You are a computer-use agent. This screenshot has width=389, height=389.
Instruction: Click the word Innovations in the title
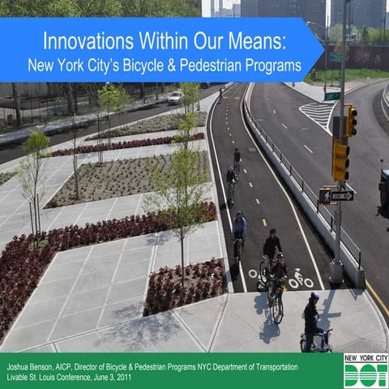point(83,40)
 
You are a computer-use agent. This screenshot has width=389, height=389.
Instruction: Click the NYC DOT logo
point(365,370)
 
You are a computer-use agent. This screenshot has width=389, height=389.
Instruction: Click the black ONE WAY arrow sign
point(341,195)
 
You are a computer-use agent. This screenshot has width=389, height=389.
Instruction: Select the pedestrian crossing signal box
point(325,195)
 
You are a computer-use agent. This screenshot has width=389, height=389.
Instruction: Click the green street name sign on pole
point(332,96)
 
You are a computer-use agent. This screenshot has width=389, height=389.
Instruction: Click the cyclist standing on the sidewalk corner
point(312,321)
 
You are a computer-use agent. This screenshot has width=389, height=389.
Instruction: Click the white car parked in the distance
point(175,97)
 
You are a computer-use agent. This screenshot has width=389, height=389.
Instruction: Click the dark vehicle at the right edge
point(383,191)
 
